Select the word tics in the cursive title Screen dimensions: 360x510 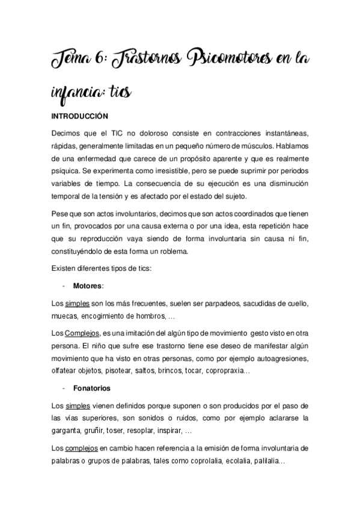click(x=120, y=94)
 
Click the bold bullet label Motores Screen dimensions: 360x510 click(x=88, y=285)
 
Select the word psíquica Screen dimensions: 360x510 click(x=70, y=171)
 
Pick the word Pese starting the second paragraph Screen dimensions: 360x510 click(x=63, y=214)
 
